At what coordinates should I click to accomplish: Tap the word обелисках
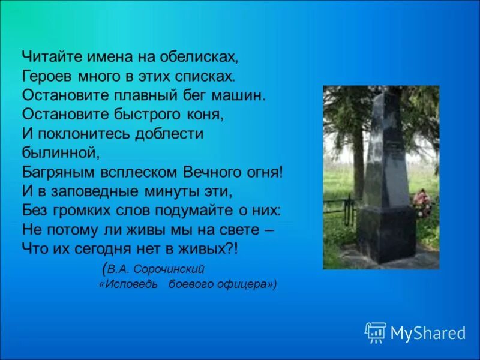197,57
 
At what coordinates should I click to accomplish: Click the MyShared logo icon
376,332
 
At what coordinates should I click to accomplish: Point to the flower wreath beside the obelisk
422,203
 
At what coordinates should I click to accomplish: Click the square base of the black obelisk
386,234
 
